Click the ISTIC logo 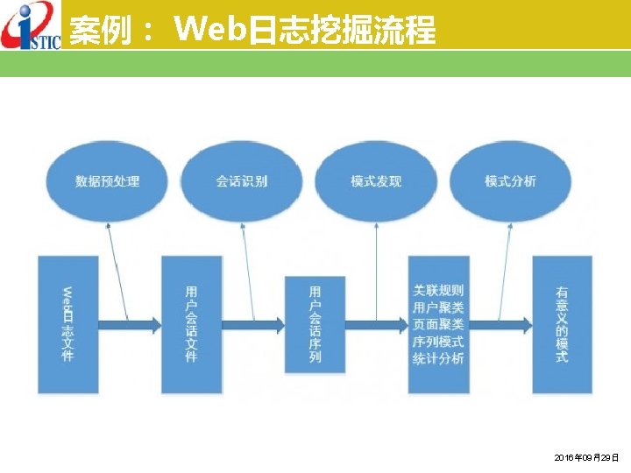tap(31, 25)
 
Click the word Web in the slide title tap(210, 30)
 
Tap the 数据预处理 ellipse tap(108, 181)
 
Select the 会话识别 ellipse tap(242, 181)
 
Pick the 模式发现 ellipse tap(376, 181)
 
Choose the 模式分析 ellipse tap(510, 181)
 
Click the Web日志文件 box tap(67, 324)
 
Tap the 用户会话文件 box tap(191, 324)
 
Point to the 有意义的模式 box tap(562, 324)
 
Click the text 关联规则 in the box tap(438, 290)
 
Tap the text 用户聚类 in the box tap(438, 307)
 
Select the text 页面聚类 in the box tap(438, 324)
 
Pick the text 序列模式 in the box tap(438, 342)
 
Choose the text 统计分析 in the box tap(438, 358)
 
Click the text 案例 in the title tap(96, 31)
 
